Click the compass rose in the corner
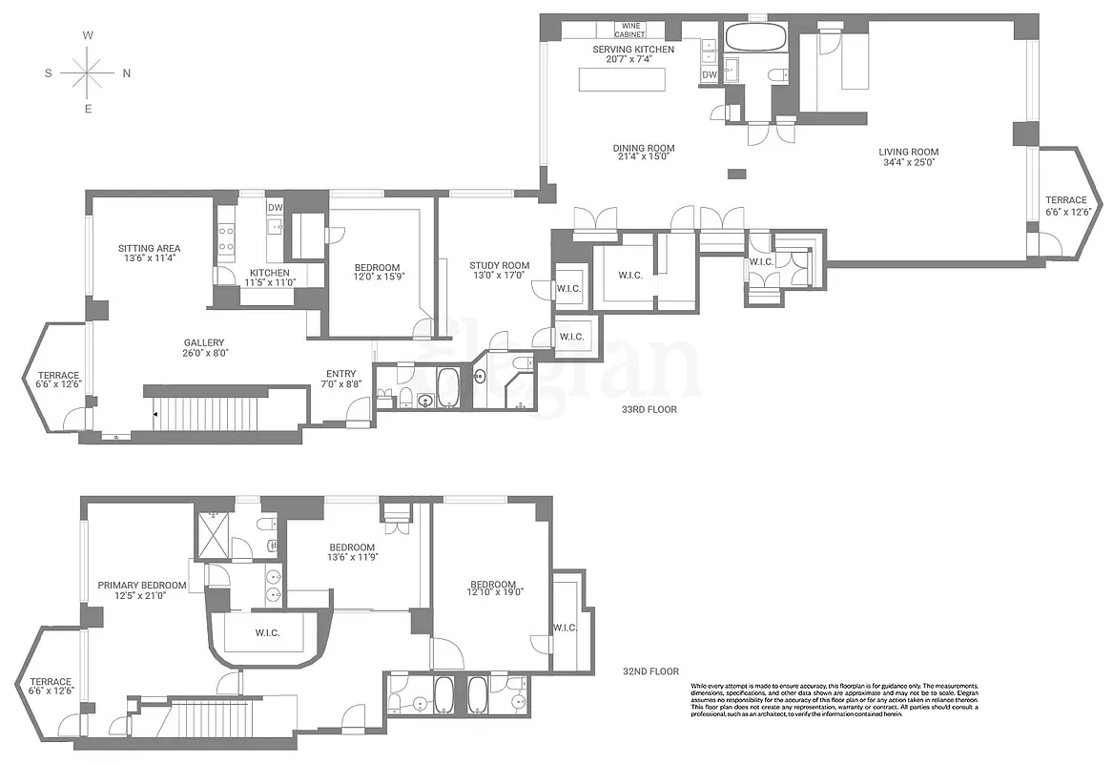[x=87, y=72]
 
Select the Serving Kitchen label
[x=633, y=54]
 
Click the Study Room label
[x=499, y=271]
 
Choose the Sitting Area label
[x=148, y=253]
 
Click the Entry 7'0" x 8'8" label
[x=340, y=379]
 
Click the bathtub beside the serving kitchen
[x=755, y=38]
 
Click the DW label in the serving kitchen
[x=710, y=75]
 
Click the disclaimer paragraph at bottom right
[x=834, y=707]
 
